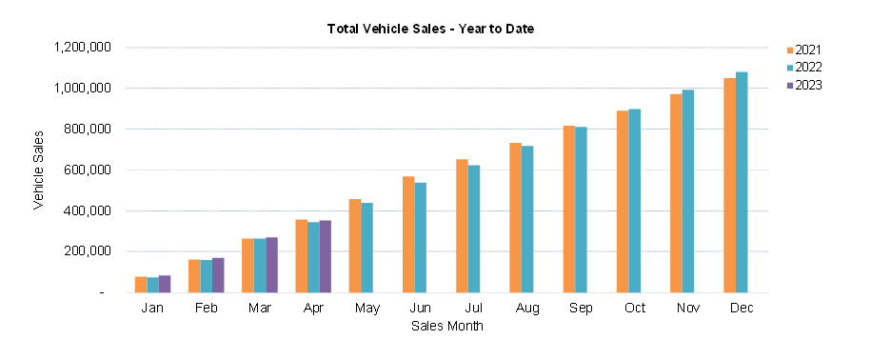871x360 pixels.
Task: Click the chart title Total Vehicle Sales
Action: point(430,29)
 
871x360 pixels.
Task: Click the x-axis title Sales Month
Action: point(446,326)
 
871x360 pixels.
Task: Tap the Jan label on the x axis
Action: point(152,309)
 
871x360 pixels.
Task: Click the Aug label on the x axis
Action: point(521,309)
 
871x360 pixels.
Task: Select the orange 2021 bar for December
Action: point(729,186)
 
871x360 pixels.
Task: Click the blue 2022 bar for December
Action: point(742,182)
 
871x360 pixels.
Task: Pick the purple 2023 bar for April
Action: point(325,256)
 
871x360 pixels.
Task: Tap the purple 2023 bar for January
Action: point(164,284)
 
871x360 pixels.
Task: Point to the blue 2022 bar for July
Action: point(474,229)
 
